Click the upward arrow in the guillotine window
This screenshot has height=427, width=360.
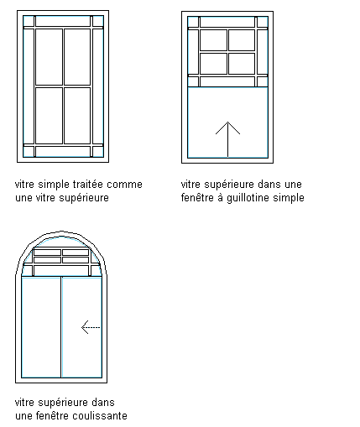pos(227,139)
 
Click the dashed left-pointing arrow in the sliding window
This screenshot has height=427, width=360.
pos(91,327)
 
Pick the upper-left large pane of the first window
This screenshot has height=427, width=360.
pos(49,57)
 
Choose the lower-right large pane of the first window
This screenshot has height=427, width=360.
pos(77,116)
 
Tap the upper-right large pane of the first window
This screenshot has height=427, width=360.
pos(77,57)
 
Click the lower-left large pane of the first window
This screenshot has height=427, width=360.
pos(49,116)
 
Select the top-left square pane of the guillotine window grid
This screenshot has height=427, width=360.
pos(213,40)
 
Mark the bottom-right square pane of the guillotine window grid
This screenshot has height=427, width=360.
pos(242,64)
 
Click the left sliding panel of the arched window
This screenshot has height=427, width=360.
pos(41,327)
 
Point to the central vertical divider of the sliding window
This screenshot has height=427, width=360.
pos(61,327)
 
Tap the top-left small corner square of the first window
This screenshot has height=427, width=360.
pos(29,21)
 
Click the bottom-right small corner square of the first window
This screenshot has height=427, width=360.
pos(98,152)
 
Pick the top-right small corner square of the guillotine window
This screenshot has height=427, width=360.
pos(263,22)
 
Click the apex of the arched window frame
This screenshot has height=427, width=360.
pos(61,232)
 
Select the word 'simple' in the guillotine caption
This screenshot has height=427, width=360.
pos(289,198)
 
